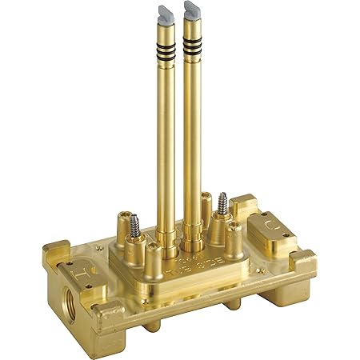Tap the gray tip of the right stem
(192, 10)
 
